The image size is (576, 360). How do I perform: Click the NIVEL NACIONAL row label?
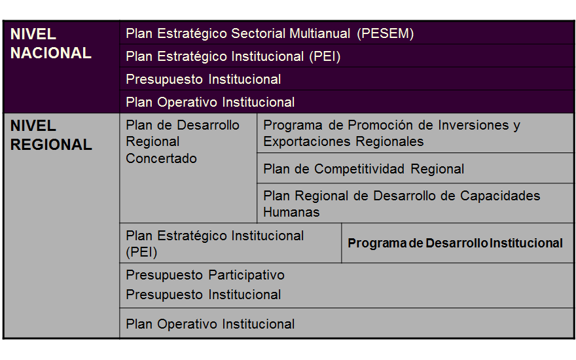click(50, 44)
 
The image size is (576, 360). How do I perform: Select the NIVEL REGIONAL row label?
click(51, 135)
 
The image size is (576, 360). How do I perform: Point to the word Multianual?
click(319, 33)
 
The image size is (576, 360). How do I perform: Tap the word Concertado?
click(161, 158)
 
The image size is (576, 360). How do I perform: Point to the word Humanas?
click(291, 212)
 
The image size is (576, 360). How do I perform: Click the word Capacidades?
click(500, 196)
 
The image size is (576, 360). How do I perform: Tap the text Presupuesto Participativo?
click(205, 275)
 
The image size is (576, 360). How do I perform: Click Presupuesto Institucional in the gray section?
click(203, 295)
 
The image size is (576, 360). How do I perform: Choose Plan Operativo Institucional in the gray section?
click(210, 324)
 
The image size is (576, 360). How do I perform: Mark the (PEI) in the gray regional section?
click(141, 252)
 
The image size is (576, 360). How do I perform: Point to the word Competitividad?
click(359, 169)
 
